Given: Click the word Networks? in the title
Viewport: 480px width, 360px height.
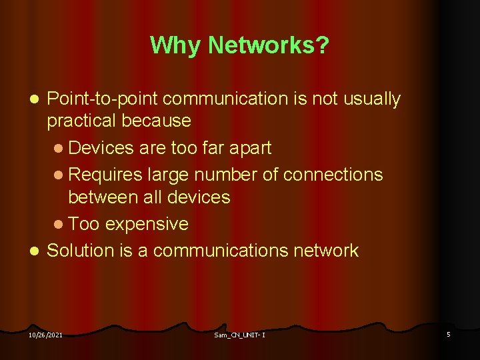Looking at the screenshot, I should point(269,45).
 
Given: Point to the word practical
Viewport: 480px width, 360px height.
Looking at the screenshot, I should point(85,121).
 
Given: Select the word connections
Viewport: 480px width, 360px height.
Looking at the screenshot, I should point(333,175).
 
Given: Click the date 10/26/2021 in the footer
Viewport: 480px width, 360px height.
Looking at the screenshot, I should point(45,335).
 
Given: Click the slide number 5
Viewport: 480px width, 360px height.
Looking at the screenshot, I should point(449,334).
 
